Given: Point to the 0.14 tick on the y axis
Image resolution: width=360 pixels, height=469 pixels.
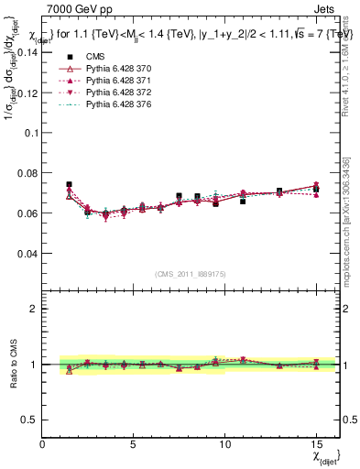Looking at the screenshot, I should tap(27, 52).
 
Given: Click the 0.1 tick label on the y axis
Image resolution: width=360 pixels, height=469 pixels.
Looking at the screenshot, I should tap(30, 133).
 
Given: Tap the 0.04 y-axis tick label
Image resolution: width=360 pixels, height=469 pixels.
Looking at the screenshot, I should tap(27, 253).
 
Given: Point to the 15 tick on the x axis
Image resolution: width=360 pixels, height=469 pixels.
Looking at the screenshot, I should tap(315, 444).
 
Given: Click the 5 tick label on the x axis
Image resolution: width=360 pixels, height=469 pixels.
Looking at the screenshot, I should tap(134, 444).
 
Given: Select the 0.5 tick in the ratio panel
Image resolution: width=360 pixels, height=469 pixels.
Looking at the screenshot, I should tap(30, 420).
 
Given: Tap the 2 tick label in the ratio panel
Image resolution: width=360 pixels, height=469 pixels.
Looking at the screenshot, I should tap(35, 309).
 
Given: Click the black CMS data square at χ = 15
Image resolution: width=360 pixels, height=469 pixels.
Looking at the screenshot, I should tap(316, 190).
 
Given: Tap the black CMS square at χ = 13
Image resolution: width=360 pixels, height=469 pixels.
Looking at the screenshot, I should tap(279, 191).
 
